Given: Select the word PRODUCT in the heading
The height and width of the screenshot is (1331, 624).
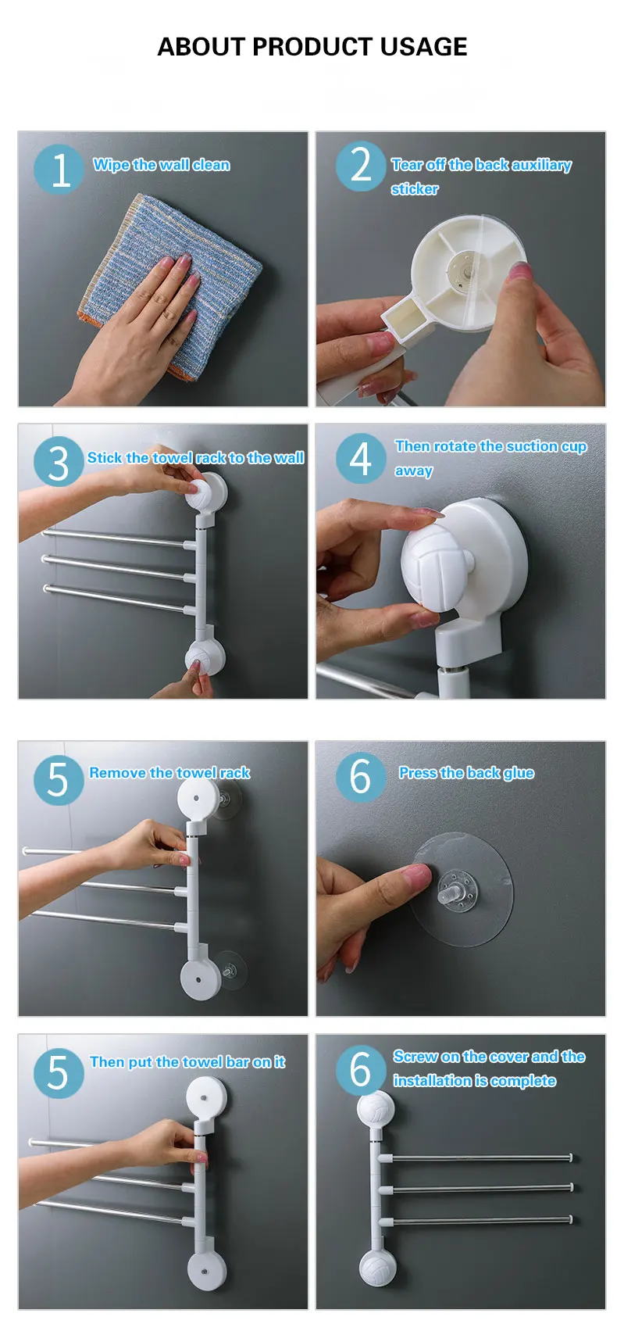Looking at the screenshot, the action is click(312, 47).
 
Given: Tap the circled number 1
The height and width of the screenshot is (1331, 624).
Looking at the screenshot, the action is click(59, 170).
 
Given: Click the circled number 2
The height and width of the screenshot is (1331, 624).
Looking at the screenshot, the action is click(360, 166).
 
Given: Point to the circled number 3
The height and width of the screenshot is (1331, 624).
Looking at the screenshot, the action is click(59, 462).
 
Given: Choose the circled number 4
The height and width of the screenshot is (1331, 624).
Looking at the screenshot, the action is click(360, 458).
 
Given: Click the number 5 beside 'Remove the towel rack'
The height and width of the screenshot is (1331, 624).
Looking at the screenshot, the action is click(59, 779).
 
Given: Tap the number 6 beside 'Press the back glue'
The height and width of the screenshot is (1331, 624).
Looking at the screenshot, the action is click(360, 777).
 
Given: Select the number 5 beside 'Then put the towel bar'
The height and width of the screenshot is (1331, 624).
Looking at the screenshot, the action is click(59, 1073).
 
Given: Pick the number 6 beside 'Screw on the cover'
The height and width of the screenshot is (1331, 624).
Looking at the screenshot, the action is click(360, 1070).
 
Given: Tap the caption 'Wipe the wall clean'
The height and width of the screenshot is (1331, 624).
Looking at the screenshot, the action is click(162, 165).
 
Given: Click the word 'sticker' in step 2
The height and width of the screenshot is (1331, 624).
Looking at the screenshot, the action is click(415, 189).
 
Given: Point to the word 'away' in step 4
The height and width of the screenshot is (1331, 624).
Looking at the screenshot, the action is click(414, 471).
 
